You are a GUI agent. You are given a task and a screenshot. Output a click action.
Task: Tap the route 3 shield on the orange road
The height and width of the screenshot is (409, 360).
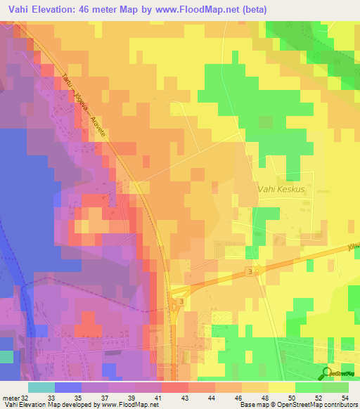click(250, 271)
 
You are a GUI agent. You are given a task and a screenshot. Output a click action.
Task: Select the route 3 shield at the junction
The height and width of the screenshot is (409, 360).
click(181, 301)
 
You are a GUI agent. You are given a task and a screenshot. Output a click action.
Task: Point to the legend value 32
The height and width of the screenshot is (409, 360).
click(26, 398)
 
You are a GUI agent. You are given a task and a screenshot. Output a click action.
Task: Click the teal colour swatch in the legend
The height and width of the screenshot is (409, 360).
click(41, 387)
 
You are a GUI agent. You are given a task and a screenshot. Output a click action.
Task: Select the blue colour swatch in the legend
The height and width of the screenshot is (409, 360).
click(67, 387)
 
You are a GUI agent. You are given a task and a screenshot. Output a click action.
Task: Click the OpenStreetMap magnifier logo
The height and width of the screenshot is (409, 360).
click(327, 373)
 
